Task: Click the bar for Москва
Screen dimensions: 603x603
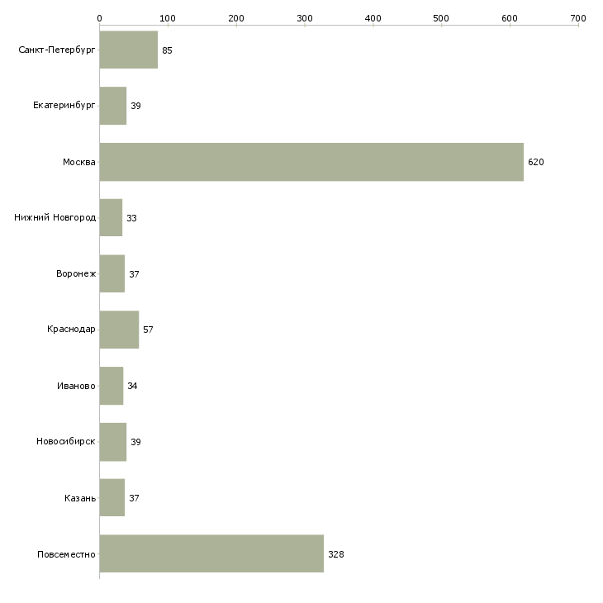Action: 311,162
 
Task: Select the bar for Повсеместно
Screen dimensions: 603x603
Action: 211,553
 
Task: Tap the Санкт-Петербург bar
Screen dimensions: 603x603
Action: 128,50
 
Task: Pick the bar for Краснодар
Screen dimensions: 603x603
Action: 119,330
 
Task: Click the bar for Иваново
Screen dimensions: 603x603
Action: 111,386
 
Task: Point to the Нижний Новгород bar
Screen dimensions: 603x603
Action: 111,218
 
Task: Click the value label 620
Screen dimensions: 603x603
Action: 536,162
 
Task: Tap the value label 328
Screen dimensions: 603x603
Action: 335,554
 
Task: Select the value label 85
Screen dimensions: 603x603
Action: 167,50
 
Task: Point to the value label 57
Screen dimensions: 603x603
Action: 148,330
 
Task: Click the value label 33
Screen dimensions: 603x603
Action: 131,218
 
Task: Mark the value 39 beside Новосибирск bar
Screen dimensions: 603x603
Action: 135,442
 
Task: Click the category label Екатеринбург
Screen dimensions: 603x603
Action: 64,106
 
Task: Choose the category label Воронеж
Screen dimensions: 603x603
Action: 76,274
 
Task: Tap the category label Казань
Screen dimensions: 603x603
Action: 80,498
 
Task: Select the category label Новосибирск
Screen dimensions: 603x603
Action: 66,442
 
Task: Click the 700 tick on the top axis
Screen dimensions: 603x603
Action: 577,17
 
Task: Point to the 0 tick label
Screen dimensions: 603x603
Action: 99,17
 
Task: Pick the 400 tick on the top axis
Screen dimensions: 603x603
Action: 373,17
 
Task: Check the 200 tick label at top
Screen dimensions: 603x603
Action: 236,17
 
